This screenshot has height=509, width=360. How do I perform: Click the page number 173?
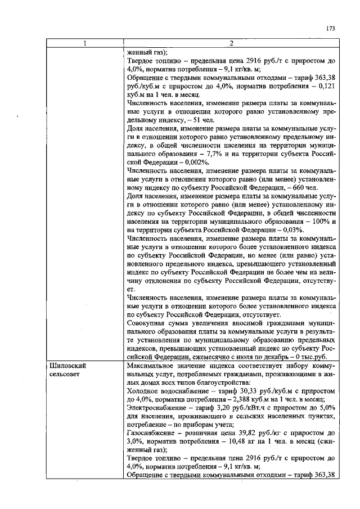click(330, 28)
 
